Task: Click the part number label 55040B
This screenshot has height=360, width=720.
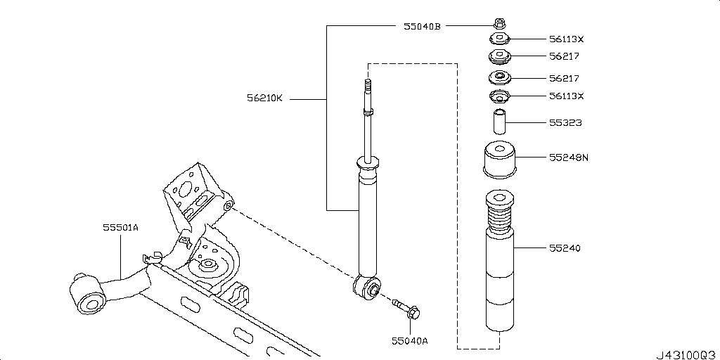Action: [422, 26]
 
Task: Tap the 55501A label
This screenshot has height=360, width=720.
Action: [121, 227]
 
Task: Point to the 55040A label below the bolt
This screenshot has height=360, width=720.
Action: [409, 341]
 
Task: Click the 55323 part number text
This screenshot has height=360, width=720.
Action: [565, 123]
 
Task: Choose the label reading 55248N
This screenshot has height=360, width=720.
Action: [568, 157]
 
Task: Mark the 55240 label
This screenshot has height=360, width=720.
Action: [565, 248]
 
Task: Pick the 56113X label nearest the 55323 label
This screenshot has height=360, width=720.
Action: [567, 96]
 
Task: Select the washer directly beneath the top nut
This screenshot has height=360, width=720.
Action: [499, 39]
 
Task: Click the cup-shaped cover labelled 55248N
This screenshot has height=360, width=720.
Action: [499, 159]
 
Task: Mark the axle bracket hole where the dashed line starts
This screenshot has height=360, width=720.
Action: [228, 205]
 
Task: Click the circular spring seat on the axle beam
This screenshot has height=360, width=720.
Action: [208, 266]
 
